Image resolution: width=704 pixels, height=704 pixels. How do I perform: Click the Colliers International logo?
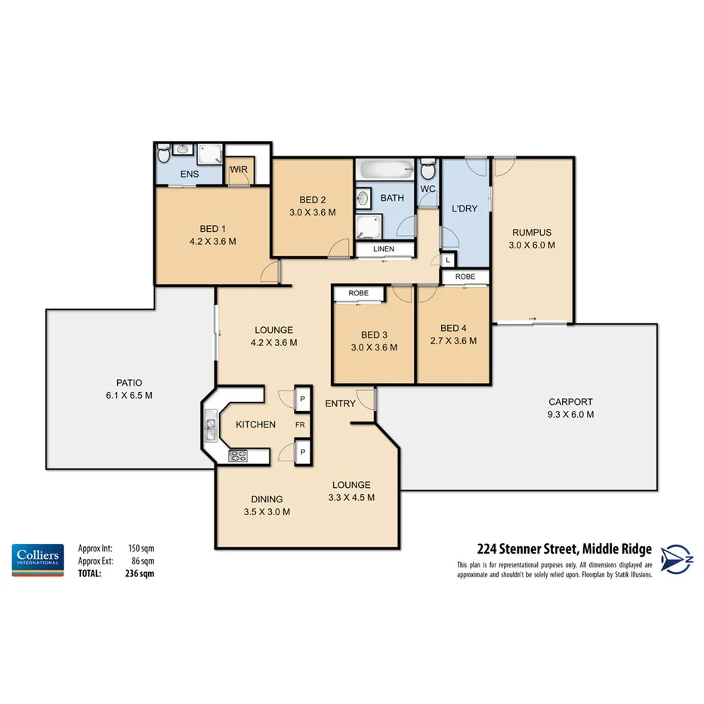click(36, 560)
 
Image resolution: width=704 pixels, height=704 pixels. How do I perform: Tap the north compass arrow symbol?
click(677, 560)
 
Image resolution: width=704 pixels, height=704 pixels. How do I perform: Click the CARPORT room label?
click(570, 408)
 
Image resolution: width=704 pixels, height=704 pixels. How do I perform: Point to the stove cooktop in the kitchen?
click(239, 455)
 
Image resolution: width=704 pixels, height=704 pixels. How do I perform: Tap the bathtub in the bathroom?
click(384, 168)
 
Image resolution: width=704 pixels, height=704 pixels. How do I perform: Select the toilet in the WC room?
click(428, 167)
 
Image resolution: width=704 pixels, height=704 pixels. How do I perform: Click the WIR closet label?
click(239, 169)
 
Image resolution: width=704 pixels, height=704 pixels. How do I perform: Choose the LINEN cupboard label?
click(384, 249)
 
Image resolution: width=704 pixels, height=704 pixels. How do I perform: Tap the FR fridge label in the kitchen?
click(300, 425)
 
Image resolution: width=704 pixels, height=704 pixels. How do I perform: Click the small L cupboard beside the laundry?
click(448, 259)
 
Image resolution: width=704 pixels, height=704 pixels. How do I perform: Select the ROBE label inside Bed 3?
click(358, 293)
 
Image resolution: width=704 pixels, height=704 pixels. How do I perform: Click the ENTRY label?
click(340, 403)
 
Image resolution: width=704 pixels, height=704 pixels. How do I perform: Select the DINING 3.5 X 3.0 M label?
click(267, 505)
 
